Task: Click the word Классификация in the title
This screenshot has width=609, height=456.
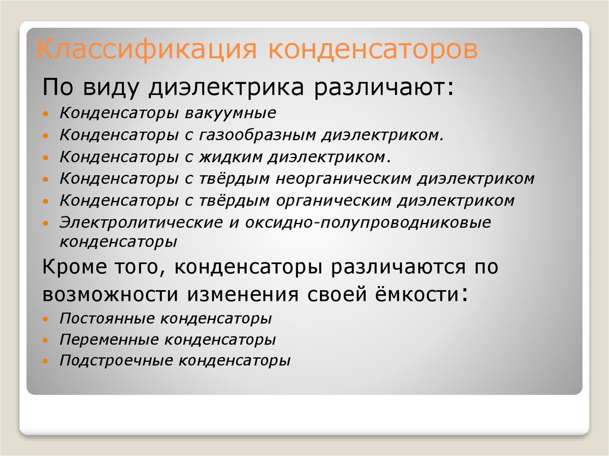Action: tap(146, 50)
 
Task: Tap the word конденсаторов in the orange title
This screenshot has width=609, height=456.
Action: tap(373, 50)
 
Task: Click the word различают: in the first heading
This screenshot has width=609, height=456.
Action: tap(384, 88)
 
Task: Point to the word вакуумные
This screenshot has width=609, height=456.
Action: tap(230, 113)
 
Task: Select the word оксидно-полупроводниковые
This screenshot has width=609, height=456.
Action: tap(368, 223)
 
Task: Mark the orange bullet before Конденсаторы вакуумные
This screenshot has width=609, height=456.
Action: tap(46, 114)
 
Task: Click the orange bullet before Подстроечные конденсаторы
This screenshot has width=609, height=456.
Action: tap(46, 361)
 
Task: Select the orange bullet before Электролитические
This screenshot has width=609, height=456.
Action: tap(46, 224)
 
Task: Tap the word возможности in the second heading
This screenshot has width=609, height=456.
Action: tap(109, 294)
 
